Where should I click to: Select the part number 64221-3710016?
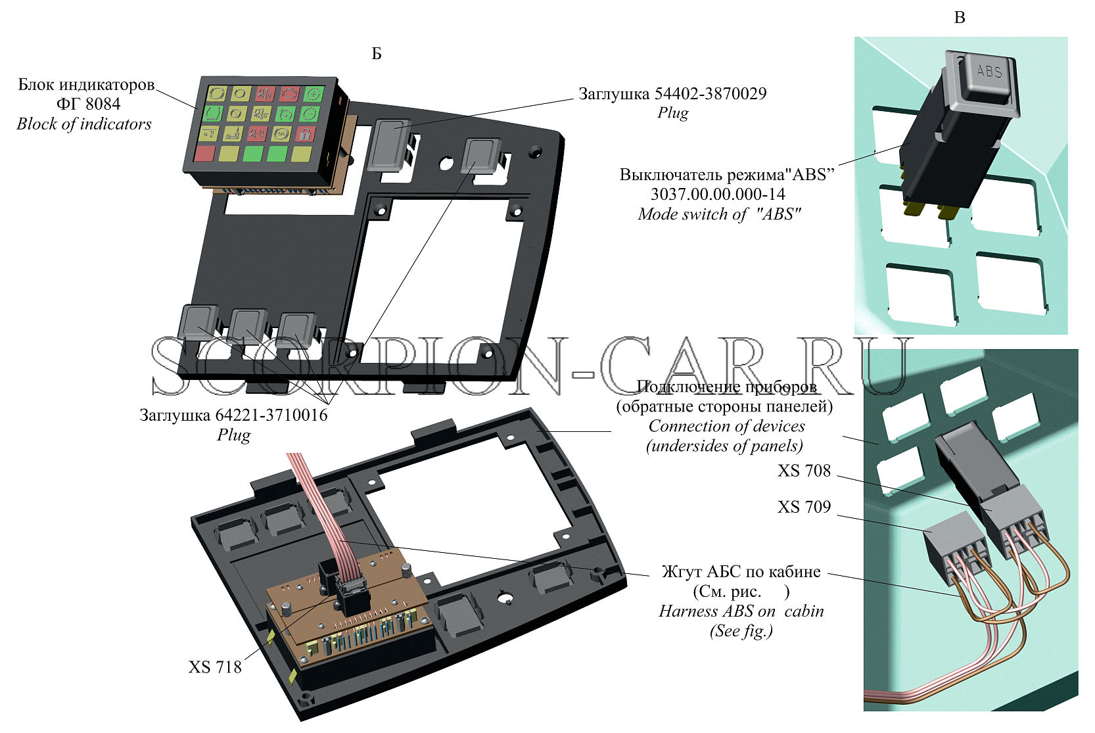(x=271, y=415)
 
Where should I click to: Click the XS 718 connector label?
(x=215, y=667)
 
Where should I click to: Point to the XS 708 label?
(x=804, y=471)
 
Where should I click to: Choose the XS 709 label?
(x=804, y=507)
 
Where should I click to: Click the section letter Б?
(x=377, y=53)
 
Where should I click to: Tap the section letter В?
(x=960, y=18)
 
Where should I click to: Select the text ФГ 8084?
(x=89, y=104)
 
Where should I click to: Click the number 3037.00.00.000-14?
(x=718, y=195)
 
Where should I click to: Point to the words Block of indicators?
(x=84, y=124)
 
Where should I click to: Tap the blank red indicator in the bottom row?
(x=204, y=153)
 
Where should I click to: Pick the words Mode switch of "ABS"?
(x=720, y=214)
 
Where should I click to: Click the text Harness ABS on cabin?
(x=741, y=611)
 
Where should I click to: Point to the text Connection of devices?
(x=726, y=427)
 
